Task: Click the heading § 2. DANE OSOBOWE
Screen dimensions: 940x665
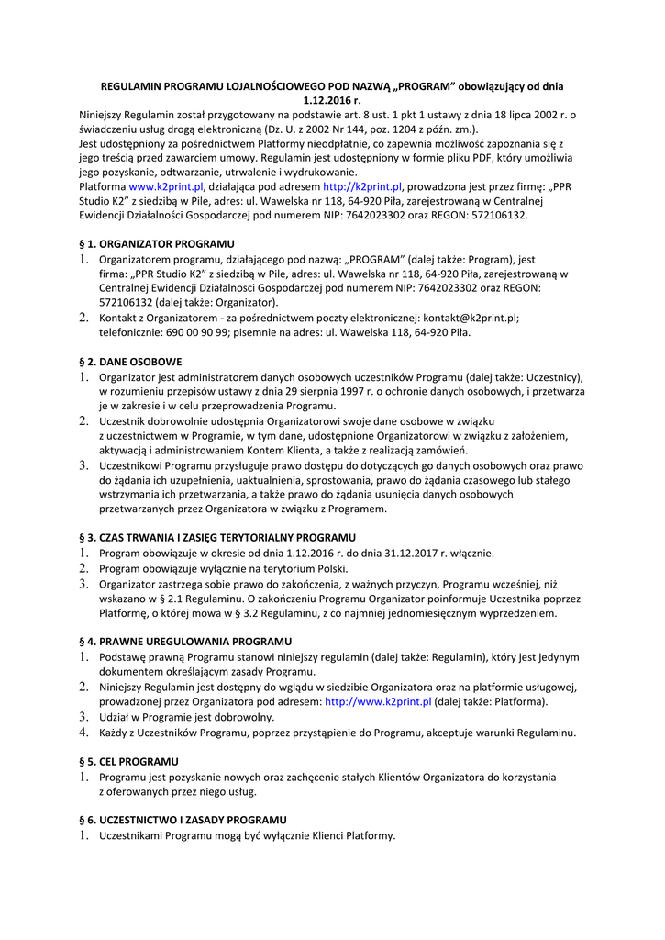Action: tap(130, 362)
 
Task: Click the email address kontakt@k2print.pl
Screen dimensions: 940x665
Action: tap(470, 318)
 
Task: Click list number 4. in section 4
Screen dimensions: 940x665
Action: tap(83, 732)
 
